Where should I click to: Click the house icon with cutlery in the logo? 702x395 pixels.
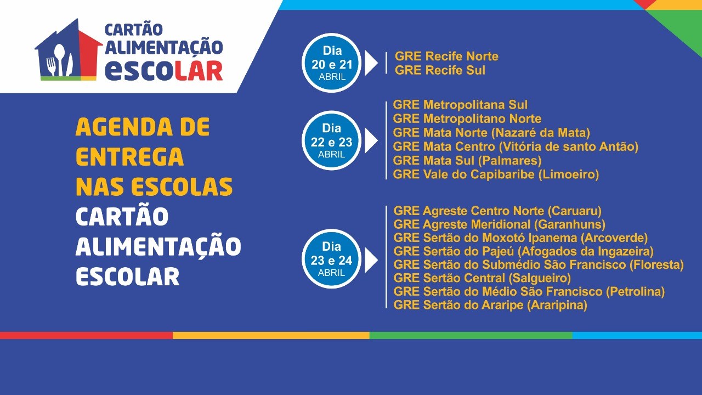pyautogui.click(x=69, y=49)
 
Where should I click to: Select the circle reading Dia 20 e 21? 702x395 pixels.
pyautogui.click(x=332, y=63)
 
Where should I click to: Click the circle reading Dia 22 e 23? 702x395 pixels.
pyautogui.click(x=332, y=140)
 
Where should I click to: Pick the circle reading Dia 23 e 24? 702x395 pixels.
pyautogui.click(x=332, y=259)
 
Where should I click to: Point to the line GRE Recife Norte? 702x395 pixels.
pyautogui.click(x=446, y=57)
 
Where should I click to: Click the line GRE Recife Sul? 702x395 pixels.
pyautogui.click(x=440, y=70)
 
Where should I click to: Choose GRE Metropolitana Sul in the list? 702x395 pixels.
pyautogui.click(x=460, y=105)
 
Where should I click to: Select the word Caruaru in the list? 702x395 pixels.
pyautogui.click(x=575, y=211)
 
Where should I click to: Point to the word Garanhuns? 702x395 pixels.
pyautogui.click(x=570, y=224)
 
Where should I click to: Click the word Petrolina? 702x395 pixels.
pyautogui.click(x=635, y=291)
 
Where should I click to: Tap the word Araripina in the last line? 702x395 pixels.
pyautogui.click(x=557, y=305)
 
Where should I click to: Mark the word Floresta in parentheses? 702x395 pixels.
pyautogui.click(x=656, y=264)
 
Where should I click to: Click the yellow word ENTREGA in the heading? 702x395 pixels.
pyautogui.click(x=129, y=156)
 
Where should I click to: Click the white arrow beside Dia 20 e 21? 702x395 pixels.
pyautogui.click(x=371, y=63)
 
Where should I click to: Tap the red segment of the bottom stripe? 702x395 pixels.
pyautogui.click(x=86, y=335)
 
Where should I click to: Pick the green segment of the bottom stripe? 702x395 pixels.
pyautogui.click(x=471, y=335)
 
